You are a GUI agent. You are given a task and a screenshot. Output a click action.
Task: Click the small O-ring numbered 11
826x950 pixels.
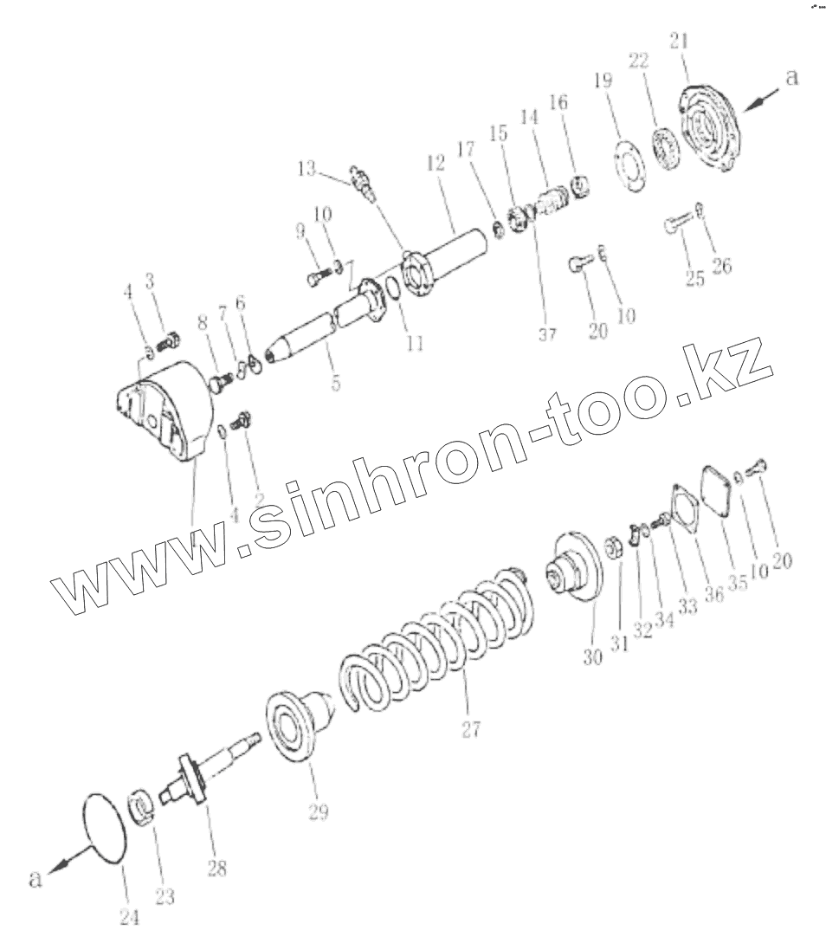coord(392,288)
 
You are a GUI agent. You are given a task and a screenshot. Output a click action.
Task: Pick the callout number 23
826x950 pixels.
coord(164,897)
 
